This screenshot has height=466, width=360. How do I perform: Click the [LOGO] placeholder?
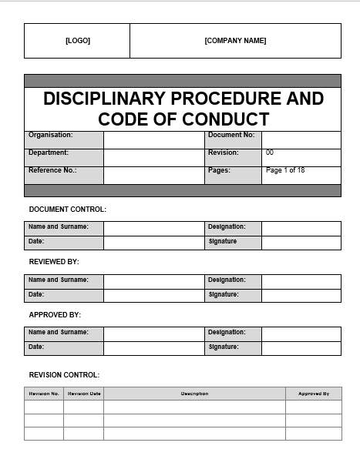(77, 41)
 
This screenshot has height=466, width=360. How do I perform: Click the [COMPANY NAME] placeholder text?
(235, 41)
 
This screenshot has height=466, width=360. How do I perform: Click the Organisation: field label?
(51, 135)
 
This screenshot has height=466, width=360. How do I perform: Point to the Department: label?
(49, 153)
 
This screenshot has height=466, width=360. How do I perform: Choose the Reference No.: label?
(52, 170)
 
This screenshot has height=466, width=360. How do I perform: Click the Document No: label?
(230, 135)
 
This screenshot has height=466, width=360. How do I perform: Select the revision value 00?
(270, 153)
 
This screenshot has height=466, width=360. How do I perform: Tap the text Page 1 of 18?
(285, 170)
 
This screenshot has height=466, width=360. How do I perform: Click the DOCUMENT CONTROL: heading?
(67, 210)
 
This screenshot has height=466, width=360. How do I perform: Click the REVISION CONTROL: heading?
(64, 375)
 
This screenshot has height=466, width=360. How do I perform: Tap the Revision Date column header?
(84, 394)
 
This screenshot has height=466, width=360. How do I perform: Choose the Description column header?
(194, 394)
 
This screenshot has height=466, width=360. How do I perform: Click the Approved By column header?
(314, 394)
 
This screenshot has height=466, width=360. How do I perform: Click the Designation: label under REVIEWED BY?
(227, 280)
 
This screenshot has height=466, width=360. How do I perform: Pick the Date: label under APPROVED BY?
(36, 347)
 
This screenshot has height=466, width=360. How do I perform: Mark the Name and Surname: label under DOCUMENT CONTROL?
(59, 227)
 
